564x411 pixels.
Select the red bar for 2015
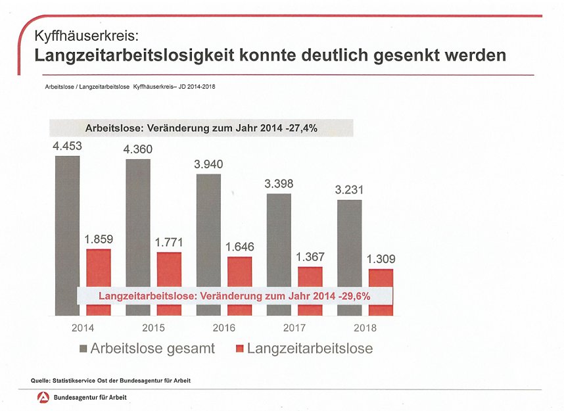pyautogui.click(x=169, y=270)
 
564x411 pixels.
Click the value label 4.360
pyautogui.click(x=137, y=149)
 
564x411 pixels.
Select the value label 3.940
pyautogui.click(x=208, y=164)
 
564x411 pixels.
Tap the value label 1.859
pyautogui.click(x=99, y=240)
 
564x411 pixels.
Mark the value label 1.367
pyautogui.click(x=310, y=257)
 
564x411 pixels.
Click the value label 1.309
pyautogui.click(x=381, y=260)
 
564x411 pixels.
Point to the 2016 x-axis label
pyautogui.click(x=223, y=327)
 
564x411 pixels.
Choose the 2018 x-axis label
pyautogui.click(x=365, y=327)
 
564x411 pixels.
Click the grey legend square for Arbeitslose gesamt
pyautogui.click(x=84, y=349)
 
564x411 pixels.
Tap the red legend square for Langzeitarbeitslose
pyautogui.click(x=240, y=349)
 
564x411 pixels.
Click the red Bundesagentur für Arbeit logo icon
pyautogui.click(x=44, y=397)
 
